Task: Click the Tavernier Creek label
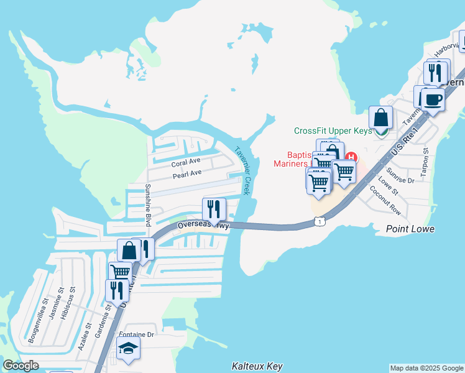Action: coord(242,170)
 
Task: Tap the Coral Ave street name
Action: coord(186,163)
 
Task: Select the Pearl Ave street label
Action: coord(187,174)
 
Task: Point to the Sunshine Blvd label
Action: coord(149,205)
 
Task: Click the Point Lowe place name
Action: coord(410,229)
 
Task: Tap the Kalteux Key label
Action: coord(257,366)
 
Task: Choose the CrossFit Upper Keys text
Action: coord(333,131)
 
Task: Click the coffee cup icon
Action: coord(433,99)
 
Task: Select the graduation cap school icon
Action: coord(128,348)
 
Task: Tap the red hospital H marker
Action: coord(352,157)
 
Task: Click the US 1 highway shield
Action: coord(318,221)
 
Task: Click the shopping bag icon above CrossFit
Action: coord(380,117)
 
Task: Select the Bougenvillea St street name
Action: coord(37,321)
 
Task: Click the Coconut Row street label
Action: coord(385,201)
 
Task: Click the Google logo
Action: coord(21,366)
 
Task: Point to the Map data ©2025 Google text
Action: coord(426,368)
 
